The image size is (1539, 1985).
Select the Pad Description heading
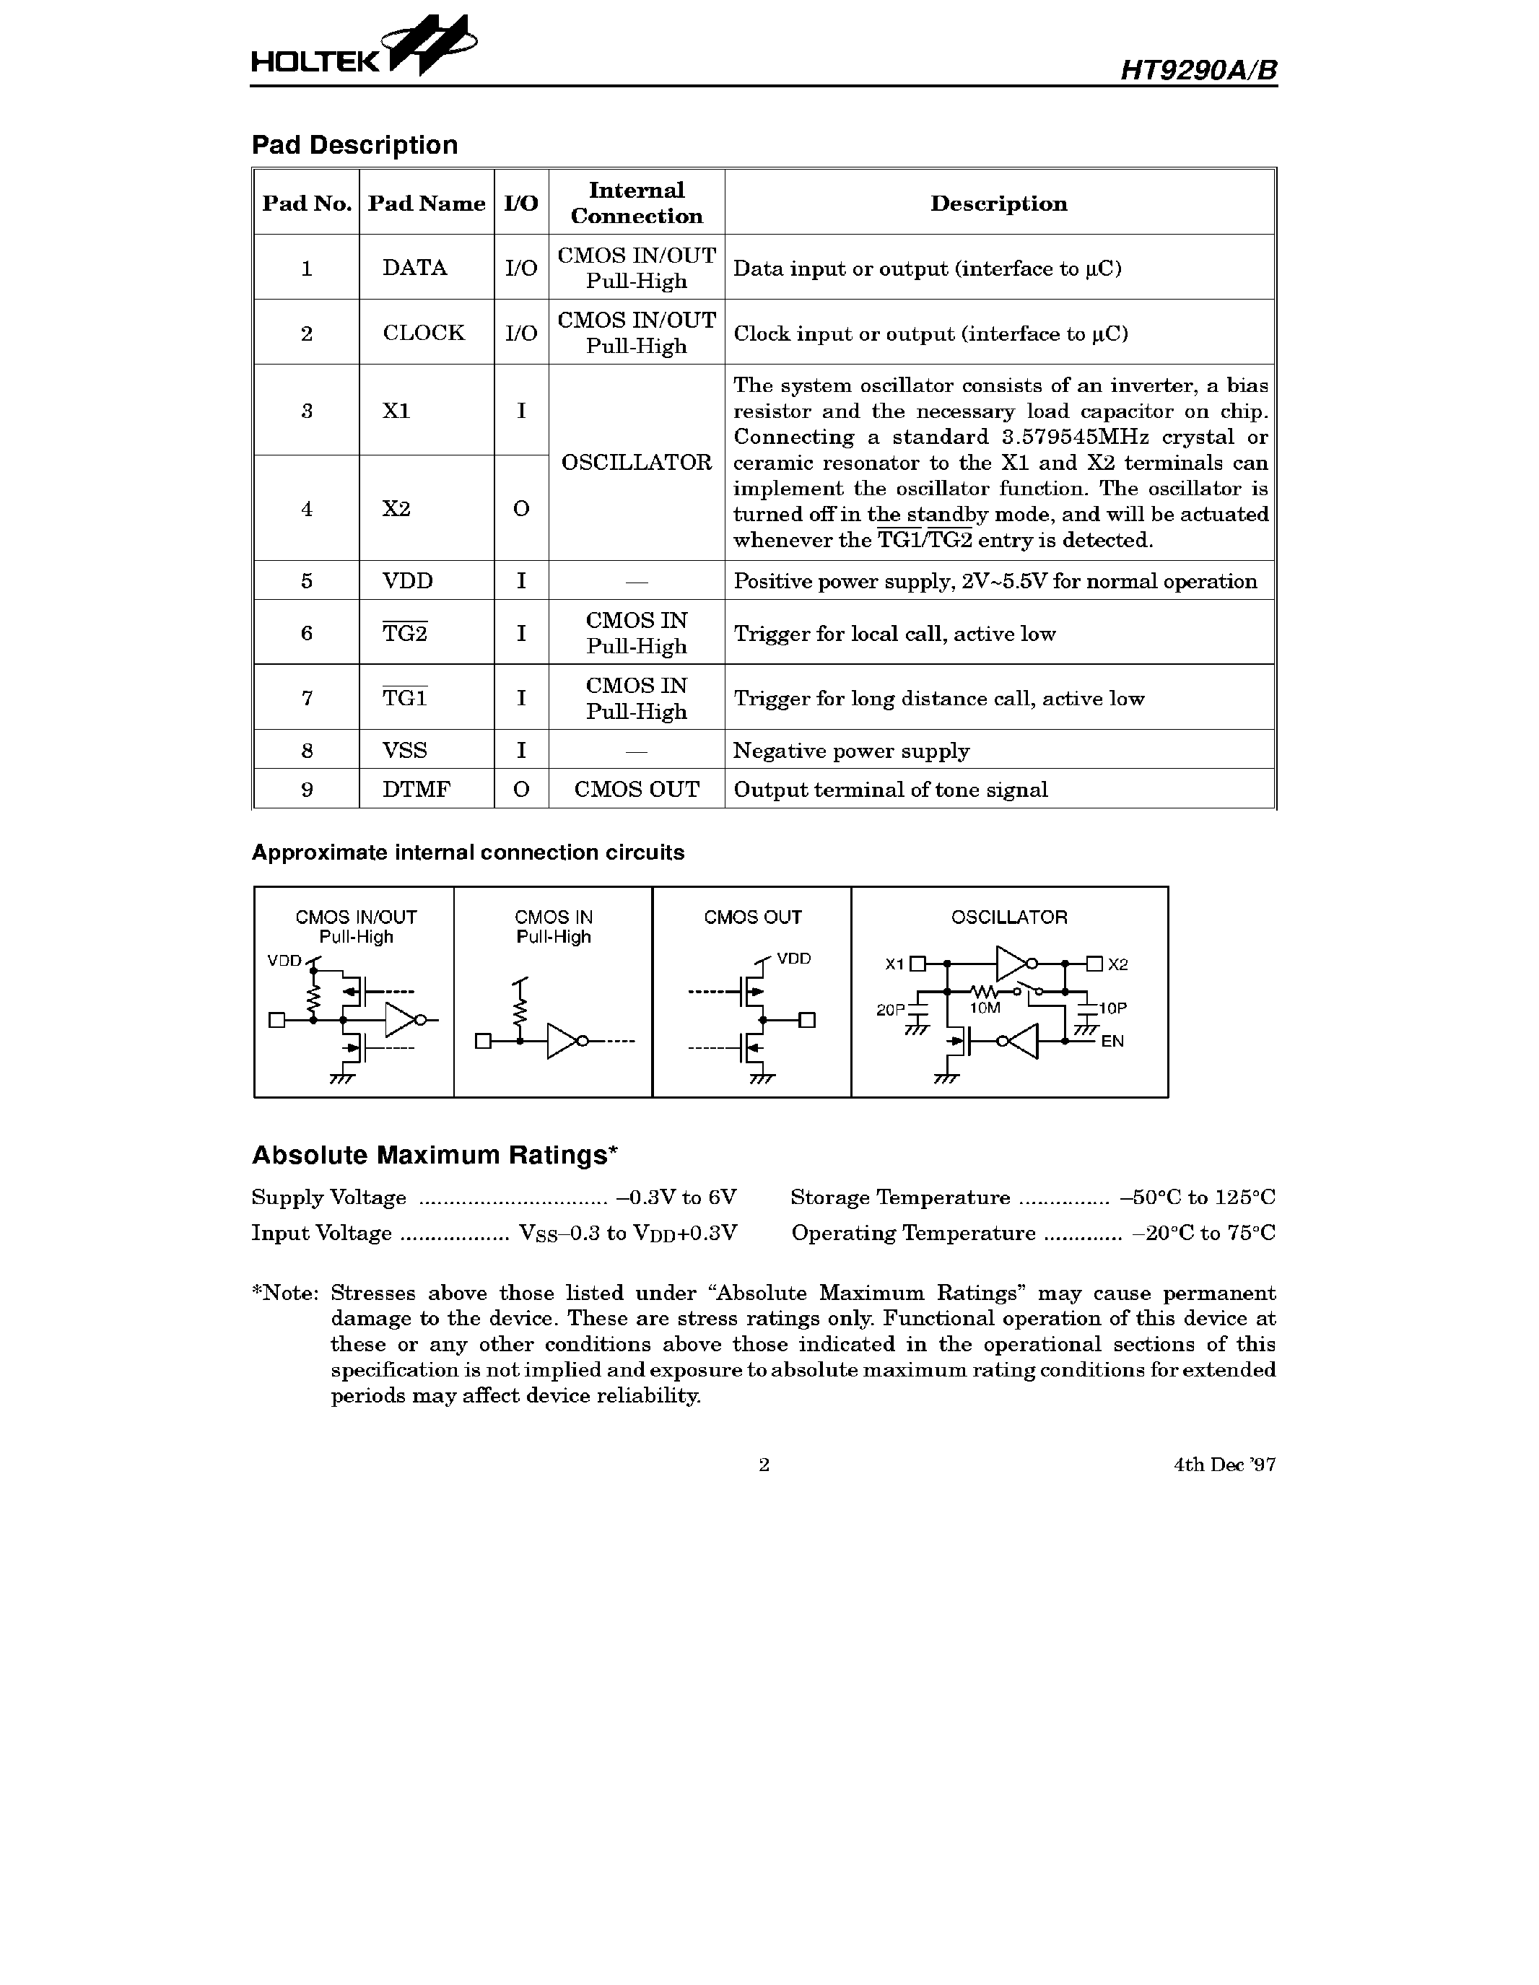pos(354,145)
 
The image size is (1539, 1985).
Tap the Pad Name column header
pos(427,204)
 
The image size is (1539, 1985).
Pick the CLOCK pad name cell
pos(423,333)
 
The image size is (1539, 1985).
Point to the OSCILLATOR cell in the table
pos(637,463)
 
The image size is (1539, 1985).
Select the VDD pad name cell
pos(407,581)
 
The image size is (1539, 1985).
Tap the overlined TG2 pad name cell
pos(404,634)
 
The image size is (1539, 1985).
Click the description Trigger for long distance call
pos(938,699)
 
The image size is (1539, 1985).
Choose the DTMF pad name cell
pos(417,790)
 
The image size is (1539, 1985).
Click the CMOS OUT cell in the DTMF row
pos(637,790)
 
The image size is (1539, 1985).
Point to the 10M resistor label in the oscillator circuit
pos(985,1008)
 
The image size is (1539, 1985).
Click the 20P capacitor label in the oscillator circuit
pos(890,1009)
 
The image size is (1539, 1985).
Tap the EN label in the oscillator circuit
pos(1112,1042)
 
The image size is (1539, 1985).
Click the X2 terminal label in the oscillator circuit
pos(1118,964)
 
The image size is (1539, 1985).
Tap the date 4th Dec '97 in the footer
pos(1224,1465)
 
